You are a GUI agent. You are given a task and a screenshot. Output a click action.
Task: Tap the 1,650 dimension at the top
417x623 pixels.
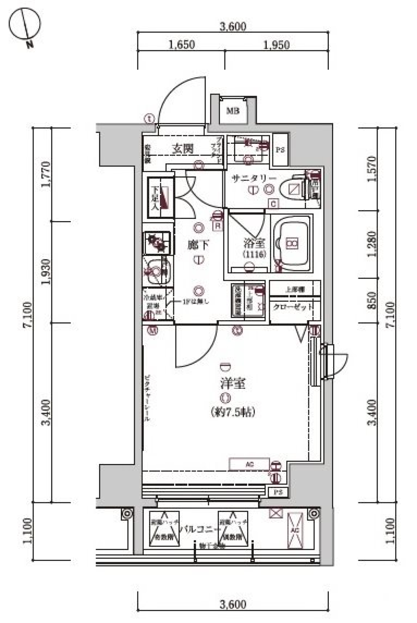pyautogui.click(x=182, y=44)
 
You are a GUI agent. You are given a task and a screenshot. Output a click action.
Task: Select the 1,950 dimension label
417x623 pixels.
pyautogui.click(x=276, y=44)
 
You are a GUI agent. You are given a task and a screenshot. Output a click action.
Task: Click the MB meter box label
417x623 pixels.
pyautogui.click(x=232, y=111)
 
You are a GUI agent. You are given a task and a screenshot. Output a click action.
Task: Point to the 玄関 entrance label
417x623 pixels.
pyautogui.click(x=183, y=149)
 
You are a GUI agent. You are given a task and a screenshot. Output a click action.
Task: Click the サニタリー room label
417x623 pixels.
pyautogui.click(x=254, y=178)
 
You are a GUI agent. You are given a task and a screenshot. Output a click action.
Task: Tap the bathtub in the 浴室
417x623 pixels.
pyautogui.click(x=291, y=244)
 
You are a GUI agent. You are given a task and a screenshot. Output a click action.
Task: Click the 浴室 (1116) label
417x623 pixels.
pyautogui.click(x=254, y=248)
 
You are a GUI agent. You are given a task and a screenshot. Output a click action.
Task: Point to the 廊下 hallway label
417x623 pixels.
pyautogui.click(x=198, y=245)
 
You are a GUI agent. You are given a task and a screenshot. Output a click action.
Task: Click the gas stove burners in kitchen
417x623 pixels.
pyautogui.click(x=157, y=242)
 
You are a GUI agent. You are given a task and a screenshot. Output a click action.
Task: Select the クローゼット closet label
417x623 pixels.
pyautogui.click(x=293, y=307)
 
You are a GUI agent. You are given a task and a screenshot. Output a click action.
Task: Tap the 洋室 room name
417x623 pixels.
pyautogui.click(x=233, y=383)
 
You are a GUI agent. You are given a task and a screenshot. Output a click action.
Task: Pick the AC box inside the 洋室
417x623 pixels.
pyautogui.click(x=249, y=464)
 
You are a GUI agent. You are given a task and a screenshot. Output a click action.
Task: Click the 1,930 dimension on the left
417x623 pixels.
pyautogui.click(x=46, y=272)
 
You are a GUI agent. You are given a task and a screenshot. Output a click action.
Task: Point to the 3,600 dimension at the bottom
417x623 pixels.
pyautogui.click(x=233, y=604)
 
